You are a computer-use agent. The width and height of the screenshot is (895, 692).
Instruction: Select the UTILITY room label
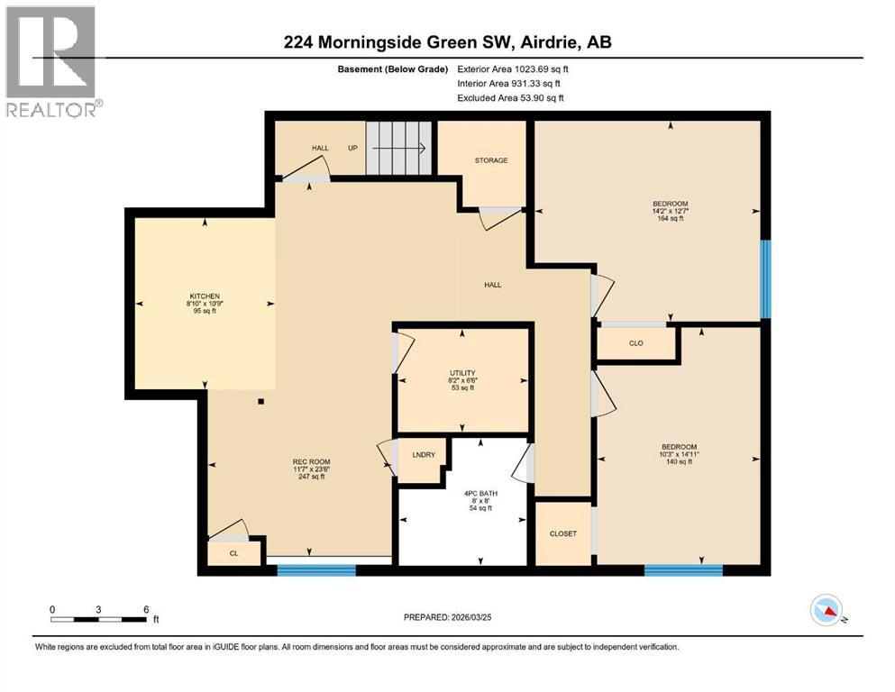pos(462,372)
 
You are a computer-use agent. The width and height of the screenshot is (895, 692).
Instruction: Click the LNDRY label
pos(423,454)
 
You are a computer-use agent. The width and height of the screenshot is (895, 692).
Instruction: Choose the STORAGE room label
pos(491,160)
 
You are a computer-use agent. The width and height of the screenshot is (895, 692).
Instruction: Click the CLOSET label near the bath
pos(563,533)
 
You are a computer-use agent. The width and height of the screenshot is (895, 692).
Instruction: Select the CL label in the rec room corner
pos(233,552)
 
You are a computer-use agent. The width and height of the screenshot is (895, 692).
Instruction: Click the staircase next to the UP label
pos(399,149)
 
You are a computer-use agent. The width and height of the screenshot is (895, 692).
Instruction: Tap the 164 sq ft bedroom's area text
pos(671,219)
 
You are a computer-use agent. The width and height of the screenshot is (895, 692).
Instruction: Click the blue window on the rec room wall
pos(315,569)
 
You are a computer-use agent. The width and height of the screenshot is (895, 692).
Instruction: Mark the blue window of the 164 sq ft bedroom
pos(765,279)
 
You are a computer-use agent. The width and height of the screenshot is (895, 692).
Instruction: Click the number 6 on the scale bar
pos(146,608)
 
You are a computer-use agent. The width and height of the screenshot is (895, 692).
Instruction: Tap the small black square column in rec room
pos(260,402)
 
